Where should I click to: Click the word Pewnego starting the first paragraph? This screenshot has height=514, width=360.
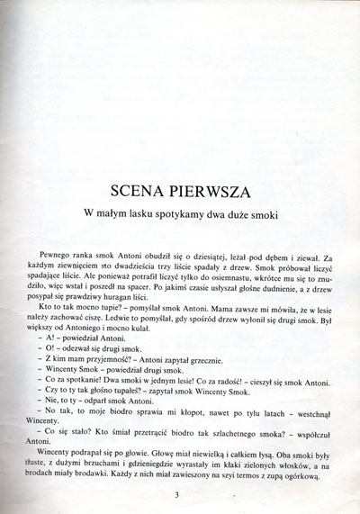tap(58, 258)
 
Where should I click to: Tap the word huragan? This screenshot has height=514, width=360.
tap(143, 298)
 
